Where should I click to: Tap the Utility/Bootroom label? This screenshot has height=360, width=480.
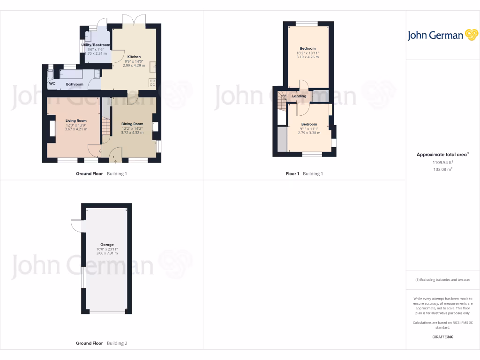click(98, 45)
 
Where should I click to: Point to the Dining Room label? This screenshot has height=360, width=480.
click(132, 124)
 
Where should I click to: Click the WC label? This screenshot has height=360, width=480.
click(52, 84)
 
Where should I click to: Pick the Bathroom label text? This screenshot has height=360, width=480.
click(75, 84)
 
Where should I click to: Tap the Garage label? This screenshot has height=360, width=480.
click(107, 245)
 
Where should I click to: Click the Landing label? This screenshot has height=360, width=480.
click(299, 96)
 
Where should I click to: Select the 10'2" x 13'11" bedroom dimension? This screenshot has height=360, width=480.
click(307, 53)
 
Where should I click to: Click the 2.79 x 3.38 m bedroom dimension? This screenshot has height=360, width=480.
click(309, 133)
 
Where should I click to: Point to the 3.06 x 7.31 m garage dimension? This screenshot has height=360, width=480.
click(107, 253)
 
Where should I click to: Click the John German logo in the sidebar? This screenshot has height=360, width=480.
click(442, 35)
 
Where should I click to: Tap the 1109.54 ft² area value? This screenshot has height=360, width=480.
click(443, 162)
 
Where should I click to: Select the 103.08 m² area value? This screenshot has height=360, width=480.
click(443, 169)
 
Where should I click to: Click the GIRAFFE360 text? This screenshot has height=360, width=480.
click(443, 337)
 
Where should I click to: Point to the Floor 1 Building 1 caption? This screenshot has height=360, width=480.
click(304, 174)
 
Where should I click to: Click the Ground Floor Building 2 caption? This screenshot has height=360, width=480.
click(101, 344)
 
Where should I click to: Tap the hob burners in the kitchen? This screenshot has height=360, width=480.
click(152, 82)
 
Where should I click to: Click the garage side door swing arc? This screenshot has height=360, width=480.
click(75, 225)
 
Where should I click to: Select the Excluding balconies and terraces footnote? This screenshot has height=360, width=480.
click(443, 280)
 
